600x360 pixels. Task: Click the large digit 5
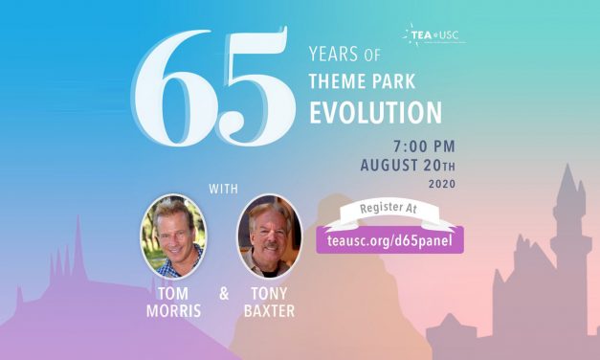247,95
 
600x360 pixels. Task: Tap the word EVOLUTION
374,112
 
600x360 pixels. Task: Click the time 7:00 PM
424,146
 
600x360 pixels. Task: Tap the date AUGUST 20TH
408,165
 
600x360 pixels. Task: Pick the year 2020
441,183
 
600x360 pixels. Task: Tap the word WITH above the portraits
222,183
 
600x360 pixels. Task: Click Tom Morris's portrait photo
173,236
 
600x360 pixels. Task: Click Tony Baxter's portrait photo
269,236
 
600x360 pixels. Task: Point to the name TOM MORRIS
173,302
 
